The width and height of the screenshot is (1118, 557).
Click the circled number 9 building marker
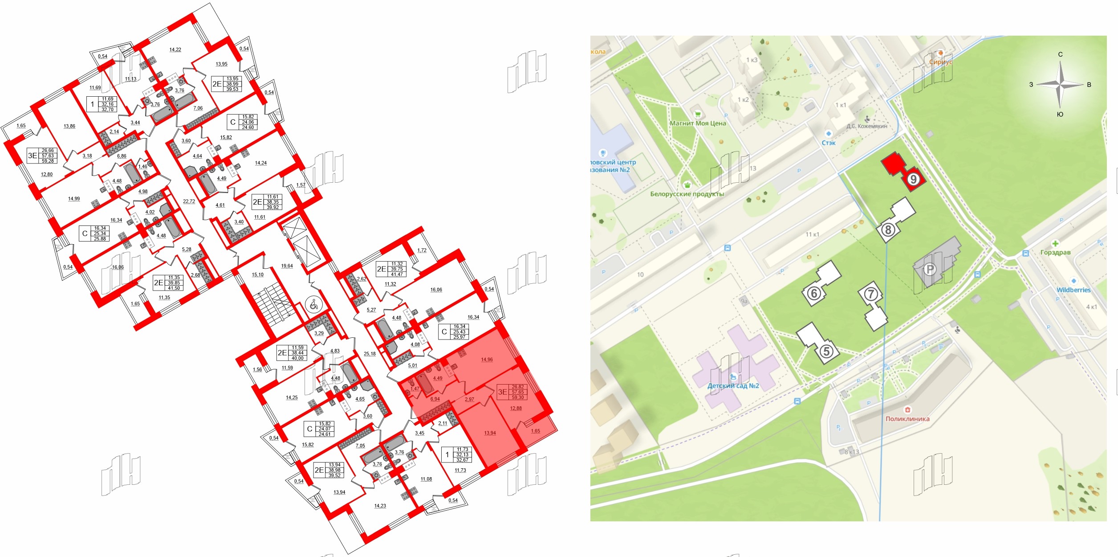(913, 179)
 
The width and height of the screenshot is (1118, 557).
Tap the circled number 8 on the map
(888, 230)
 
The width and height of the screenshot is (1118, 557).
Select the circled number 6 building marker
(814, 293)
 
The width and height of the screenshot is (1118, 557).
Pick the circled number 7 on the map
(871, 294)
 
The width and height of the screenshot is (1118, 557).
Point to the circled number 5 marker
(826, 352)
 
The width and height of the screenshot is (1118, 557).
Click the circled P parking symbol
(930, 269)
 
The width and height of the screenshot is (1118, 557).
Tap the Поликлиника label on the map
(907, 418)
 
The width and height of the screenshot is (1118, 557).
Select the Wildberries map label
(1073, 290)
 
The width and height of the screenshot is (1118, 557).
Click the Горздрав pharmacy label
(1055, 252)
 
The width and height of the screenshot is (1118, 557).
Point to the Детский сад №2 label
(733, 386)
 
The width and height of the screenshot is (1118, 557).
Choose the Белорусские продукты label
(687, 194)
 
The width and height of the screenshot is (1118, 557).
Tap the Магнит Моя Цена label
(698, 123)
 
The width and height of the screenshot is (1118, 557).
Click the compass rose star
(1061, 84)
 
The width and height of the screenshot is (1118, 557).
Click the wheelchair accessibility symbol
(313, 305)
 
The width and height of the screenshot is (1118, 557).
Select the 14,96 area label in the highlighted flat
(487, 360)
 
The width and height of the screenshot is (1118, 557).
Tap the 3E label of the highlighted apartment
(502, 392)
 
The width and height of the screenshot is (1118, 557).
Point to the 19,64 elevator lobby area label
(287, 266)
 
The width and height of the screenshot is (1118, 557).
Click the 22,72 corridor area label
(189, 201)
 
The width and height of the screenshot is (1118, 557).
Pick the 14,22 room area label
(175, 50)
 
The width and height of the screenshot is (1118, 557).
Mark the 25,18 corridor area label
(370, 354)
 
